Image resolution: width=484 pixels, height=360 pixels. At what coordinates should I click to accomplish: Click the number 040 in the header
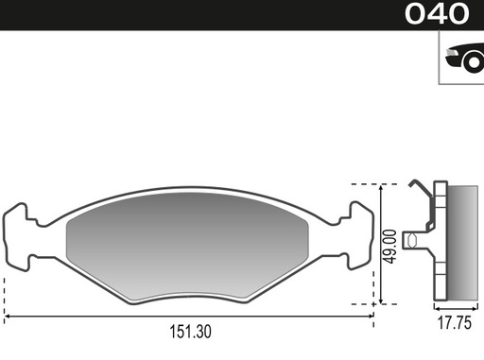click(x=437, y=14)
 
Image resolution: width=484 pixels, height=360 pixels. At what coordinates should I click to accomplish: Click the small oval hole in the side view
click(x=413, y=242)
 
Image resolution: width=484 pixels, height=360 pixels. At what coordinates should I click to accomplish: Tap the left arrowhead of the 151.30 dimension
click(x=8, y=314)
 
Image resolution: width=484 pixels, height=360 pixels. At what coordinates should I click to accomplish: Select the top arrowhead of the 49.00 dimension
click(x=380, y=185)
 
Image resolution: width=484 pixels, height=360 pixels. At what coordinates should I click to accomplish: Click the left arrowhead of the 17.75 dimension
click(x=437, y=308)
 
